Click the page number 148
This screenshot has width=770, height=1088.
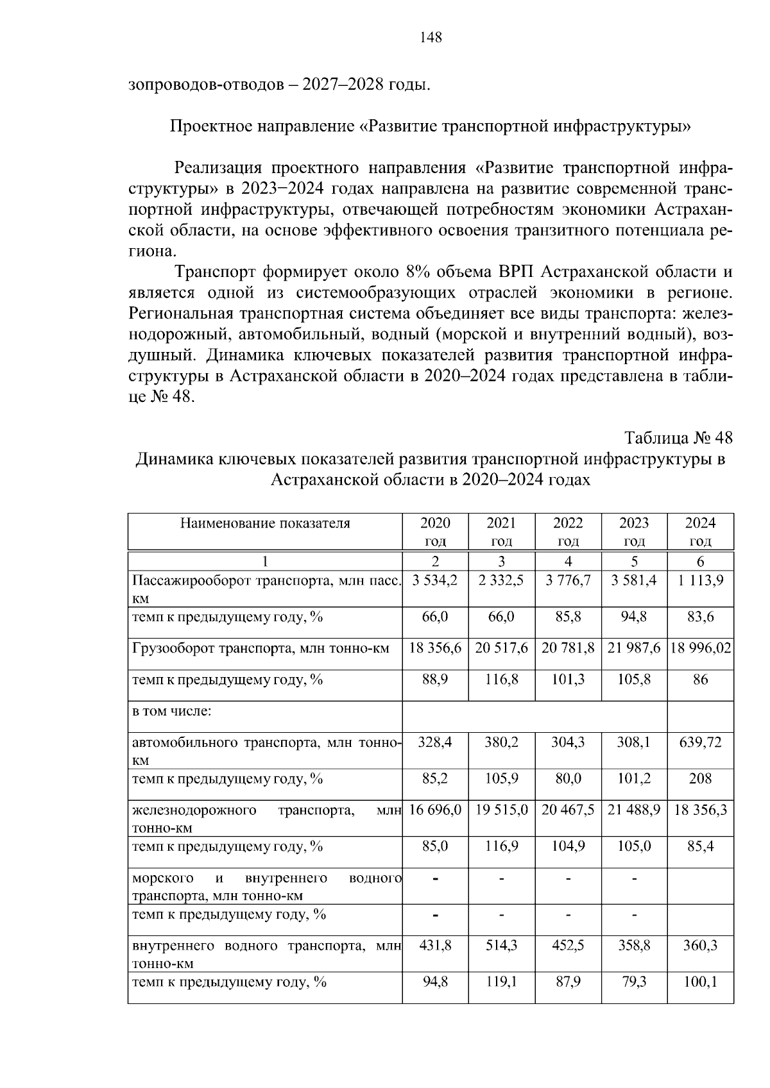tap(431, 38)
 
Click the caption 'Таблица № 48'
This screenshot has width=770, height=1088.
tap(678, 438)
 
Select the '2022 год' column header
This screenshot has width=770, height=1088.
tap(568, 531)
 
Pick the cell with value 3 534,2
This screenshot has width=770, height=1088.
tap(435, 581)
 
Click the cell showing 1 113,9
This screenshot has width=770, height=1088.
tap(700, 581)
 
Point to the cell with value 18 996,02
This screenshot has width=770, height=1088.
tap(700, 648)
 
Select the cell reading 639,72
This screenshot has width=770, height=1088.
tap(700, 742)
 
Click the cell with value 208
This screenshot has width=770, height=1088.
tap(700, 779)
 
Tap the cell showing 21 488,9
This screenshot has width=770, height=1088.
tap(634, 810)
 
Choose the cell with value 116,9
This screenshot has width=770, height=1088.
tap(501, 847)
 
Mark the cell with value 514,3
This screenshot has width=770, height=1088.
tap(501, 946)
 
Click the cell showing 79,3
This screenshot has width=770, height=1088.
tap(634, 982)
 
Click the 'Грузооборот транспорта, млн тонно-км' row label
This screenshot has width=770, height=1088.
tap(261, 648)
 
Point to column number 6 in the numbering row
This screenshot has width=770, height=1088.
tap(700, 562)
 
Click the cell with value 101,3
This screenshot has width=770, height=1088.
tap(568, 680)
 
